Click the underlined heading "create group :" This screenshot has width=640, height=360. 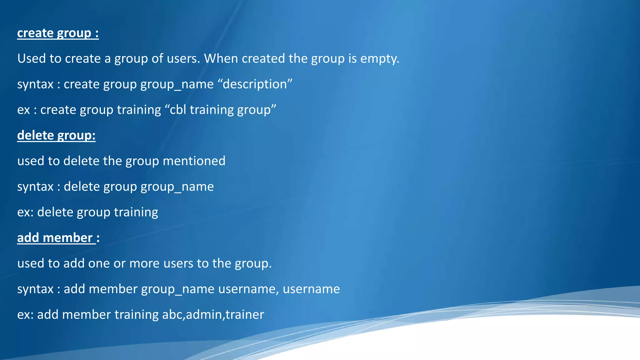pyautogui.click(x=58, y=33)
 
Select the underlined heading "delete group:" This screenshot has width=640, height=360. pyautogui.click(x=56, y=135)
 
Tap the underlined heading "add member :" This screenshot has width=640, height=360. pyautogui.click(x=58, y=238)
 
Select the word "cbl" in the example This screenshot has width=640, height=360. pyautogui.click(x=178, y=110)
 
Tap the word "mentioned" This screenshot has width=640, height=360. pyautogui.click(x=194, y=161)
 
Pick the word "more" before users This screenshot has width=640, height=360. pyautogui.click(x=145, y=263)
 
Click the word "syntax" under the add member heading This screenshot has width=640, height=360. pyautogui.click(x=35, y=289)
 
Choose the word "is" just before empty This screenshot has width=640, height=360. pyautogui.click(x=352, y=59)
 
